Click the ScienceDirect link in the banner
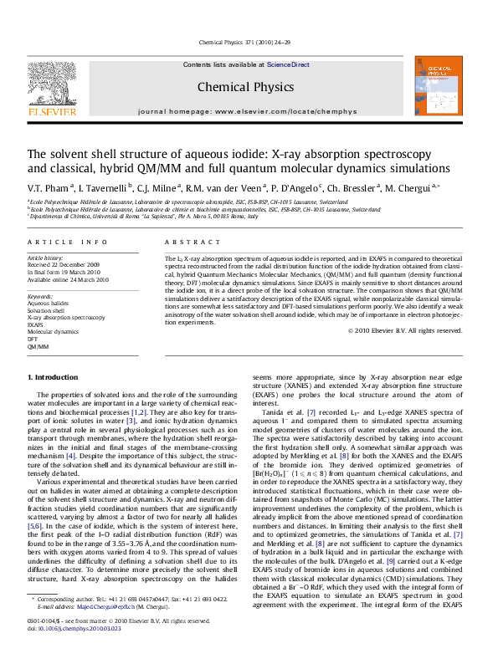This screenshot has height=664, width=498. (x=288, y=64)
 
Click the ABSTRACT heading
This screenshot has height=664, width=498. (x=186, y=241)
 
